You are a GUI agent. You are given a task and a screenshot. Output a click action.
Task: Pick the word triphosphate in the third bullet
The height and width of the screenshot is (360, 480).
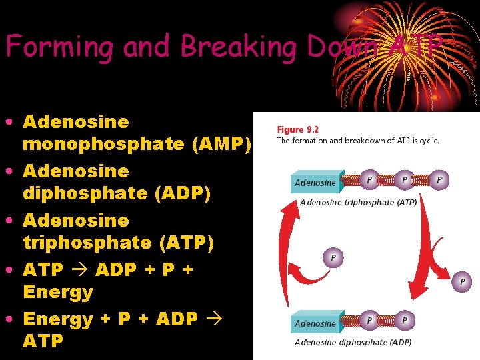click(87, 243)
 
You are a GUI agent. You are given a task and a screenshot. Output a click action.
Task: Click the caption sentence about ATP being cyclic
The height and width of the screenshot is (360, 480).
click(357, 141)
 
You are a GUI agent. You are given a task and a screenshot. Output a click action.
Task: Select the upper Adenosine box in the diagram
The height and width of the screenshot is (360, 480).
click(316, 182)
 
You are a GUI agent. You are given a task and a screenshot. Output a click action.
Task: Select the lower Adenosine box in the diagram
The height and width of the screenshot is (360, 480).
click(316, 323)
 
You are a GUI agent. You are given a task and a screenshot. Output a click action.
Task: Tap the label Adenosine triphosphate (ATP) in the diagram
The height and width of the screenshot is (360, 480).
click(359, 202)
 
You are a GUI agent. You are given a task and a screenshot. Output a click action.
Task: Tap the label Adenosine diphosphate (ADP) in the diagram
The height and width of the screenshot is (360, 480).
click(353, 343)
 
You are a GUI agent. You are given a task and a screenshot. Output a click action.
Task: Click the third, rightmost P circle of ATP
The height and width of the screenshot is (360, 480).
click(439, 180)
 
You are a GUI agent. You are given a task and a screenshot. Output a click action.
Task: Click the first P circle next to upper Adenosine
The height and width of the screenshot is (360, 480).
click(369, 180)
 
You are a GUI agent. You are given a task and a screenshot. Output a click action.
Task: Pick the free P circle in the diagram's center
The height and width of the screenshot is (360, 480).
click(333, 257)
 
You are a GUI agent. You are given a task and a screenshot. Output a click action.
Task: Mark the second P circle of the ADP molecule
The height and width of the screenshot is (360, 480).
click(403, 321)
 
